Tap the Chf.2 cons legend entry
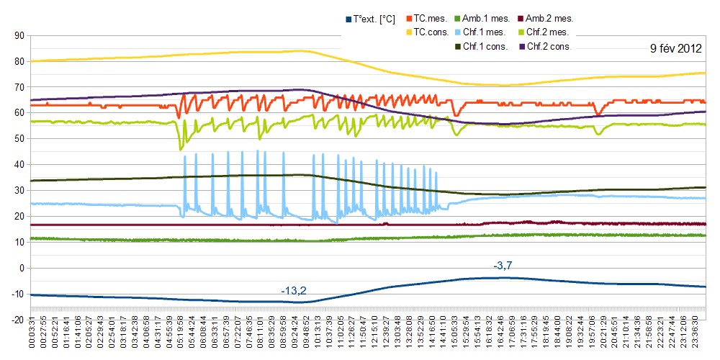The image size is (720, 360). pos(549,46)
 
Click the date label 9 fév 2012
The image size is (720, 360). pos(675,49)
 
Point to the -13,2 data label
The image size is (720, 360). pos(294,291)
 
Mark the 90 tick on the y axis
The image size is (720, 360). pos(19,35)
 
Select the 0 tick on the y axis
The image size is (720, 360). pos(22,268)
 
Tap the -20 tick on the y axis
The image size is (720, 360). pos(18,320)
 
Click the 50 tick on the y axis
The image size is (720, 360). pos(19,139)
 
